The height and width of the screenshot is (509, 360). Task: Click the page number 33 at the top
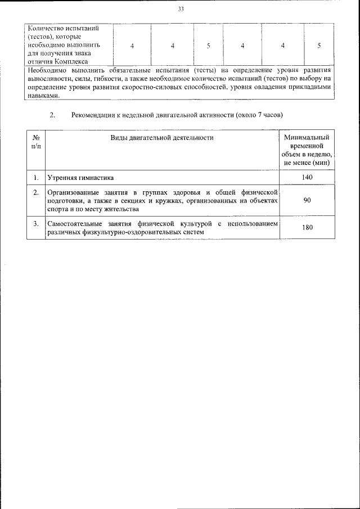click(181, 10)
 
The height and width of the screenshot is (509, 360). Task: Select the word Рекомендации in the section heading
click(93, 115)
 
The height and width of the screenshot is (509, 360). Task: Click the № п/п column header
click(35, 142)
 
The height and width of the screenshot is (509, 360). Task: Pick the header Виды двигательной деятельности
click(162, 137)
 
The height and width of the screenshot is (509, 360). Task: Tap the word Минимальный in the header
click(307, 137)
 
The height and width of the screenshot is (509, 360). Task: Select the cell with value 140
click(307, 178)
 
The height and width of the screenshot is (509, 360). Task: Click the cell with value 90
click(307, 201)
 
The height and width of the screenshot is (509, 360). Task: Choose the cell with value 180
click(307, 228)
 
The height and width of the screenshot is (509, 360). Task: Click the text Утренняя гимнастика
click(80, 178)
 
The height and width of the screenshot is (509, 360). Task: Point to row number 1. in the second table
click(35, 178)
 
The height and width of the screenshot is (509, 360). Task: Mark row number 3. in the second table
click(35, 224)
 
